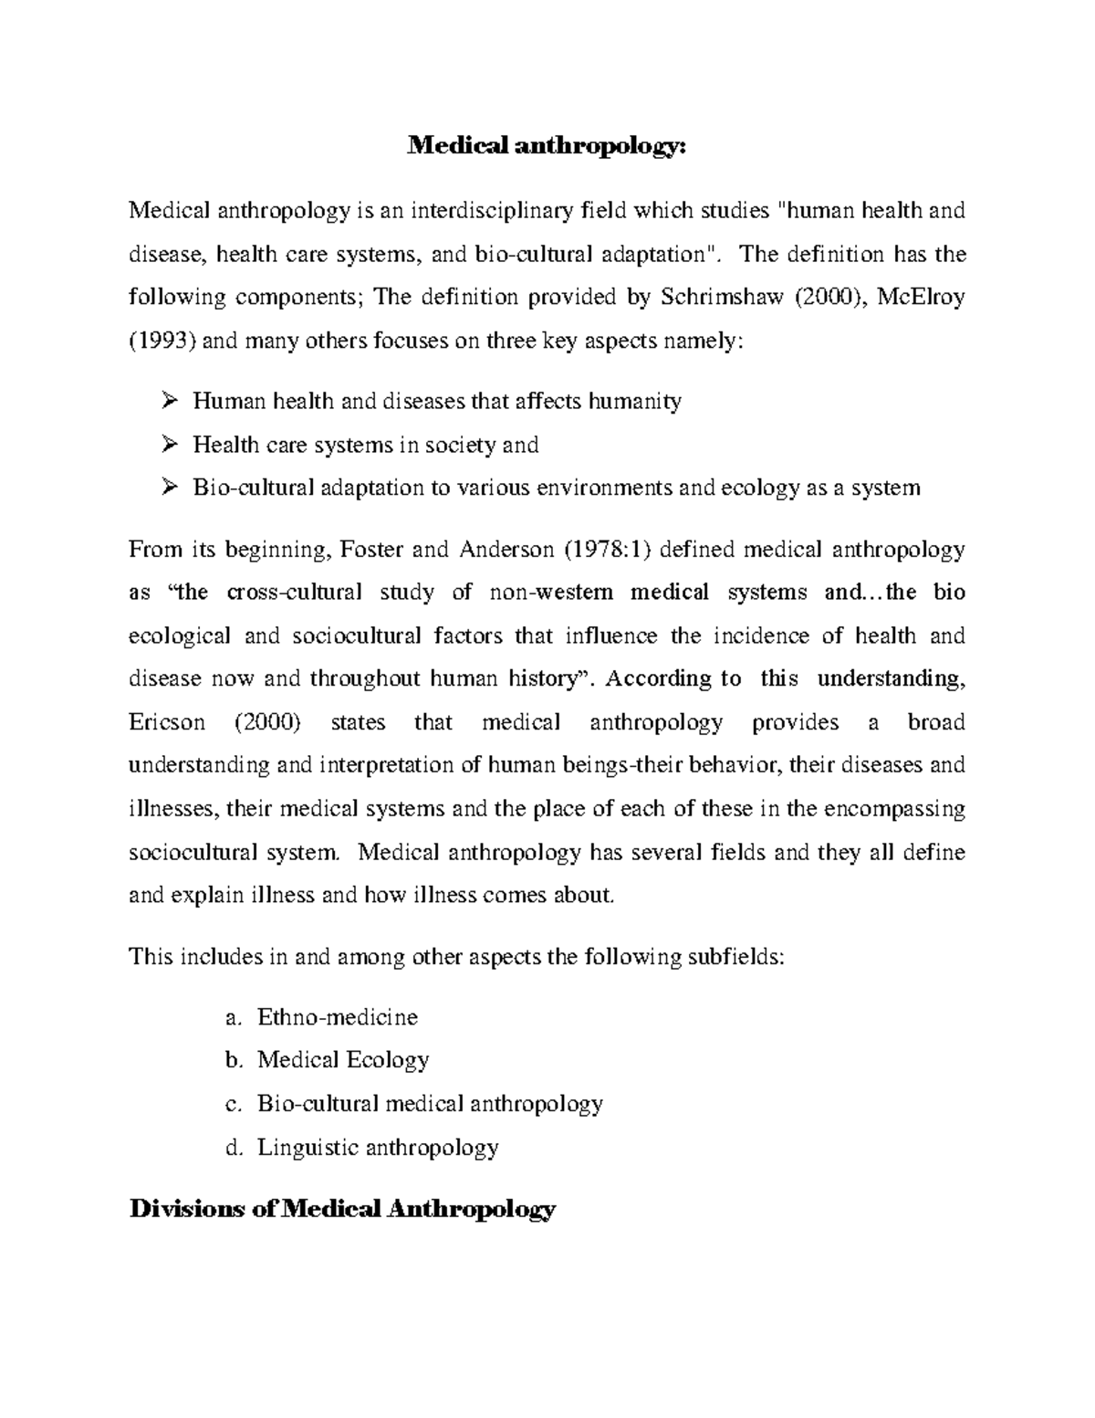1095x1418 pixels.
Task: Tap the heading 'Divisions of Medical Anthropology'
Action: click(x=342, y=1210)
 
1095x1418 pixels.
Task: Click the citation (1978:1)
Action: click(x=605, y=550)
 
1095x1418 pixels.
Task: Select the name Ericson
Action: click(x=168, y=723)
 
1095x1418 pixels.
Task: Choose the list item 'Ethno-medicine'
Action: click(x=337, y=1016)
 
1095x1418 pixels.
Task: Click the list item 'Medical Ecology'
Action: click(x=342, y=1060)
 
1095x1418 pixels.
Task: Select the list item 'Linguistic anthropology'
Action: click(x=378, y=1147)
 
